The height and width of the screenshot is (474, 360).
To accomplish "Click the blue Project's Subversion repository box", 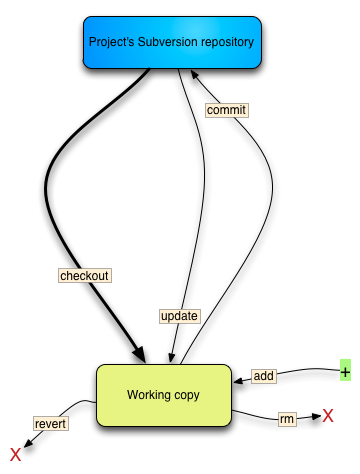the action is click(172, 43).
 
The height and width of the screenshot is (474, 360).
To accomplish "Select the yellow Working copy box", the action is click(164, 395).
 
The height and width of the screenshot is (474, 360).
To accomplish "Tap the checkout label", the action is click(85, 276).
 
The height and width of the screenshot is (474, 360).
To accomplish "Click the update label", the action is click(179, 316).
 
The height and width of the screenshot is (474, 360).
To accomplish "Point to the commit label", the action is click(226, 110).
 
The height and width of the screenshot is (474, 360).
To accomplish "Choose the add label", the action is click(264, 376).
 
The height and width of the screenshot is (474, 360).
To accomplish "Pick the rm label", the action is click(287, 419).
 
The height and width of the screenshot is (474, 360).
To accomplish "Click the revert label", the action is click(50, 424).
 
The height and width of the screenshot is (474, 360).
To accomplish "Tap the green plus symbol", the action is click(345, 370).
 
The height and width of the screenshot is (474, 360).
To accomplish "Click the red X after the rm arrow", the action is click(328, 416).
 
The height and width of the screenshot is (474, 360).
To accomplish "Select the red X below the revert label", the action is click(16, 455).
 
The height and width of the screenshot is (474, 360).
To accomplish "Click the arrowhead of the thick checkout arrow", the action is click(140, 355).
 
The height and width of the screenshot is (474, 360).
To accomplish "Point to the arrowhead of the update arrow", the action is click(171, 358).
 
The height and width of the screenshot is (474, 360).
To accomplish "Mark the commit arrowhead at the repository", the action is click(195, 74).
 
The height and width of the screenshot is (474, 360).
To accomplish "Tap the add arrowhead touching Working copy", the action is click(239, 381).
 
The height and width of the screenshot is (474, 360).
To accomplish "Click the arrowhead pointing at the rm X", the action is click(316, 416).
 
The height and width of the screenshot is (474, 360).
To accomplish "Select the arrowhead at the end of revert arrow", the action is click(28, 443).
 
